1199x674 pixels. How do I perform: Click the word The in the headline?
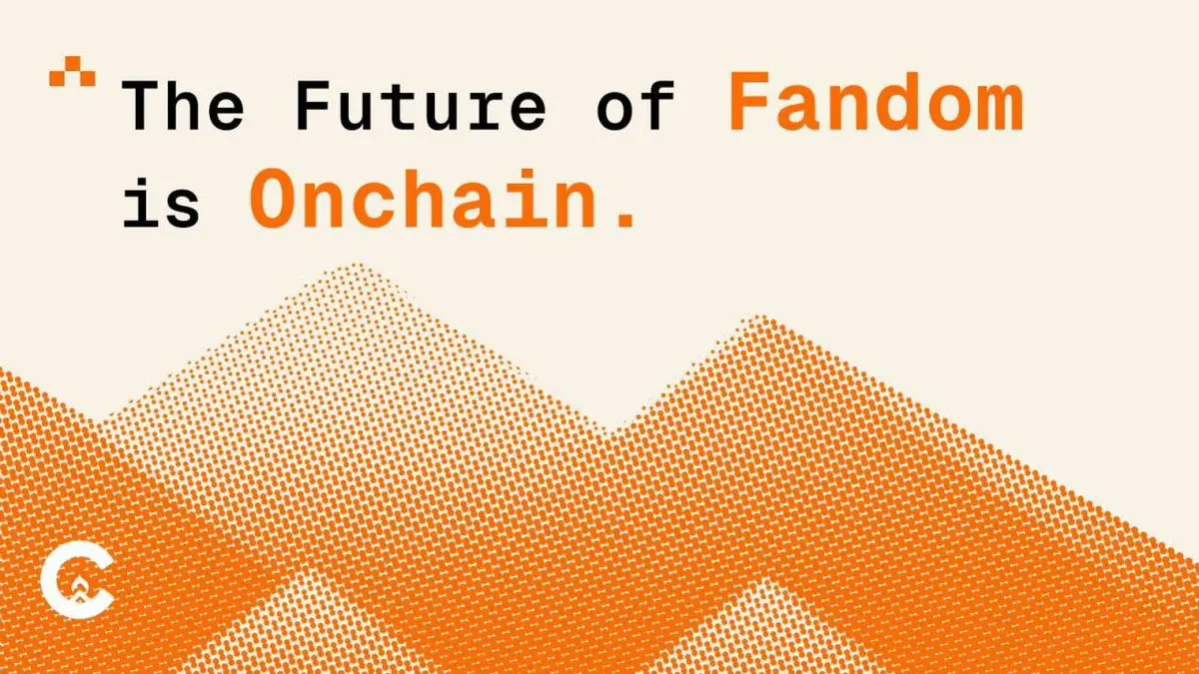(183, 106)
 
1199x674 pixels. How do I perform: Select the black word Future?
(421, 106)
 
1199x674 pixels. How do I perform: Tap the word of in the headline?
(635, 106)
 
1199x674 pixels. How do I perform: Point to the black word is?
(161, 201)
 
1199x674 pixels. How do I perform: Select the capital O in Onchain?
(272, 199)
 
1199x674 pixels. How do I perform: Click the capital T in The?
(142, 106)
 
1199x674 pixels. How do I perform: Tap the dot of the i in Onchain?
(528, 176)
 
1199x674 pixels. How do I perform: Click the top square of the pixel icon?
(73, 63)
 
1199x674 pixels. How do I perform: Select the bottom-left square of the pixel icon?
(57, 78)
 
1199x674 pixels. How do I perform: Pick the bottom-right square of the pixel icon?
(88, 78)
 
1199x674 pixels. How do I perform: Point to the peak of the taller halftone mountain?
(355, 265)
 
